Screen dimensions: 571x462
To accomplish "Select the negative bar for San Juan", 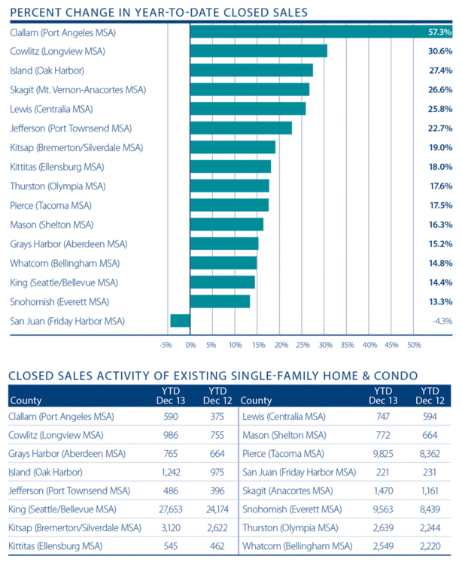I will point(181,321).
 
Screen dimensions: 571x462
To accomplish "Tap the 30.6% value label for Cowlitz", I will point(440,51).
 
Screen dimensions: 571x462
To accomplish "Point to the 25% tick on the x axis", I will point(302,345).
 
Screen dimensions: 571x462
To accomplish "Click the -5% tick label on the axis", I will point(166,345).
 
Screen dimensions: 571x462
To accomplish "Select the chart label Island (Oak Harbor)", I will point(47,71).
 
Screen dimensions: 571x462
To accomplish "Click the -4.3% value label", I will point(441,321).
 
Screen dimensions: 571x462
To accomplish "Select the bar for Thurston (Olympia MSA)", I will point(229,186).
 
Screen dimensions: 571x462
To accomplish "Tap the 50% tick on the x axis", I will point(414,345).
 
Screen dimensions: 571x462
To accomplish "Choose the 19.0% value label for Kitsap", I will point(440,147).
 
